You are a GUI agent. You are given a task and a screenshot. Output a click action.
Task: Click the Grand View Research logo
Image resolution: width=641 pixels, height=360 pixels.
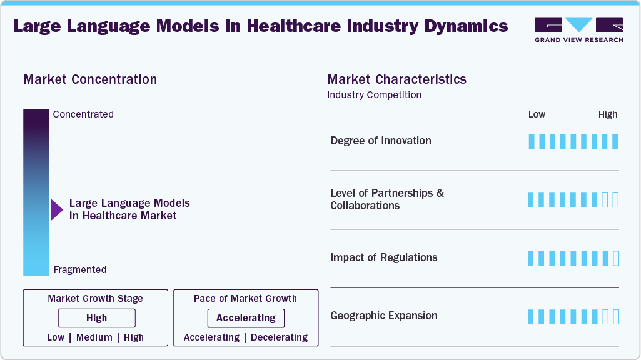578,30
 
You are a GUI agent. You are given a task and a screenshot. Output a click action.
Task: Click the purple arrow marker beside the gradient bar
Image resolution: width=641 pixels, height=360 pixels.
57,209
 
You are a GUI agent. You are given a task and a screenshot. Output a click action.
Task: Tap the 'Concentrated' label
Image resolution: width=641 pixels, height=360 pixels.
83,114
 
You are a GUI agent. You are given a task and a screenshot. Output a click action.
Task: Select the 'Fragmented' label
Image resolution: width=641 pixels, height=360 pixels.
80,270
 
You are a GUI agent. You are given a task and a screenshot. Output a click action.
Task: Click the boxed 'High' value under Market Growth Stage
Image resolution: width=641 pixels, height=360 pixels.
97,318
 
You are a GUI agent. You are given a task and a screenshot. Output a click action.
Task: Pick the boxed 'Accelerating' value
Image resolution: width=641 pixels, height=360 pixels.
246,318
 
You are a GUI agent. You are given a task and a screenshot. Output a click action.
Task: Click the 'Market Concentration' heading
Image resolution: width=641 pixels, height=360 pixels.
90,79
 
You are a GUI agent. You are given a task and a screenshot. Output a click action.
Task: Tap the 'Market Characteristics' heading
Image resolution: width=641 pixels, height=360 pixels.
396,79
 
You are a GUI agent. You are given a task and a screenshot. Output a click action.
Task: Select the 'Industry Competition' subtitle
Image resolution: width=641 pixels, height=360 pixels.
374,95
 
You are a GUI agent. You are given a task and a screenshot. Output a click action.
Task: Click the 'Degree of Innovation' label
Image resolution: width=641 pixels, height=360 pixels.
381,141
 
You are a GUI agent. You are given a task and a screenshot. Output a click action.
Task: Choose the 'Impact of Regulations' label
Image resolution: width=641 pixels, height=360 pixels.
384,257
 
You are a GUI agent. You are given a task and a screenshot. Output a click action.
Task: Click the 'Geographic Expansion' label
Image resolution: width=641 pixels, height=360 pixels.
384,316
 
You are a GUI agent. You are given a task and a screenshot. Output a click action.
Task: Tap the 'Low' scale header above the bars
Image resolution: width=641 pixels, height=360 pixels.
537,114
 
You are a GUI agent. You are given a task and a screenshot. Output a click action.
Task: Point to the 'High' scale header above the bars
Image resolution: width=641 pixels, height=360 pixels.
608,114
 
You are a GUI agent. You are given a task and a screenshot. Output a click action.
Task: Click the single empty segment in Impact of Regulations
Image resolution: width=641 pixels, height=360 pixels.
615,258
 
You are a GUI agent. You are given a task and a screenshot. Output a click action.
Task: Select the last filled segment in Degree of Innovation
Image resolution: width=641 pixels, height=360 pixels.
615,141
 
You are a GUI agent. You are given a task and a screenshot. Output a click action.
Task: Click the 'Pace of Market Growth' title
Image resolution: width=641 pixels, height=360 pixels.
245,299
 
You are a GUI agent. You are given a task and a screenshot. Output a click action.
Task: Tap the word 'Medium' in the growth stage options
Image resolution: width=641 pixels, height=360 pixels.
94,337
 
